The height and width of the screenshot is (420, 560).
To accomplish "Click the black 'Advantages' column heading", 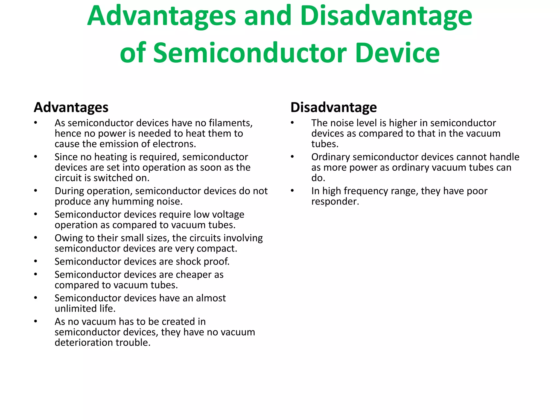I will click(71, 107).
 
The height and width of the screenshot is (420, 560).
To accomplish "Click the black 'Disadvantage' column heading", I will click(334, 107).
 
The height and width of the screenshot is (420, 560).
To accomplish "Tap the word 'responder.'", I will click(335, 202).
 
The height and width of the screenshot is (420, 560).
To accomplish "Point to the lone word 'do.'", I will click(318, 178).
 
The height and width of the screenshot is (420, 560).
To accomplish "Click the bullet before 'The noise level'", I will click(292, 123).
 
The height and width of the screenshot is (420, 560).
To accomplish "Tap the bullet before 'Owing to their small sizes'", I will click(36, 238).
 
